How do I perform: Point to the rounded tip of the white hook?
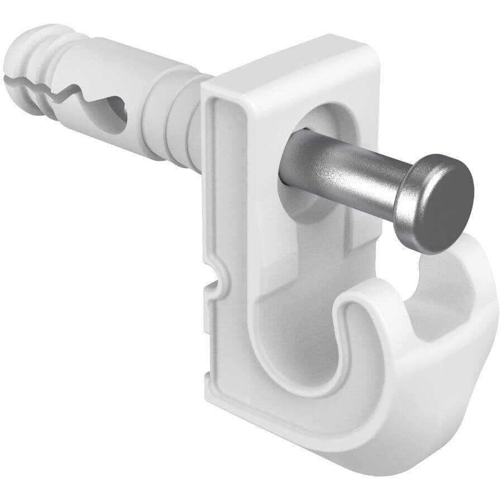pos(363,305)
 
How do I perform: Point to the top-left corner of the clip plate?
pos(205,84)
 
